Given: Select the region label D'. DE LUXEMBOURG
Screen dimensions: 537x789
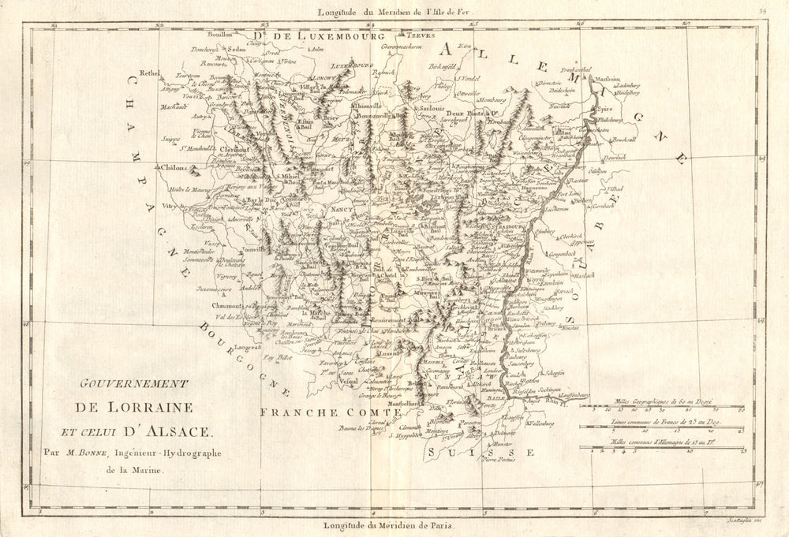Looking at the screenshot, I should pos(313,37).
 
